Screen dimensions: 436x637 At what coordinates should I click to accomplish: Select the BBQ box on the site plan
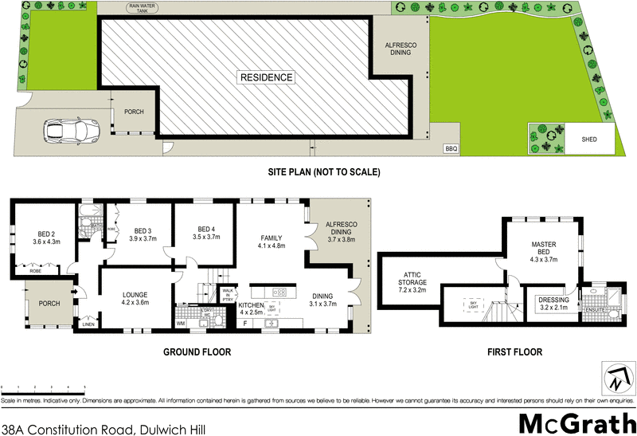pyautogui.click(x=451, y=147)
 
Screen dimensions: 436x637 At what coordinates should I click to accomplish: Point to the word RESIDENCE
pyautogui.click(x=268, y=77)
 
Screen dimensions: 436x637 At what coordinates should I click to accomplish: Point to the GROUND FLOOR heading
pyautogui.click(x=197, y=352)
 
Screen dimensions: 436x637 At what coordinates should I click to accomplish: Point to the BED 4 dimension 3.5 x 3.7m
pyautogui.click(x=205, y=237)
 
